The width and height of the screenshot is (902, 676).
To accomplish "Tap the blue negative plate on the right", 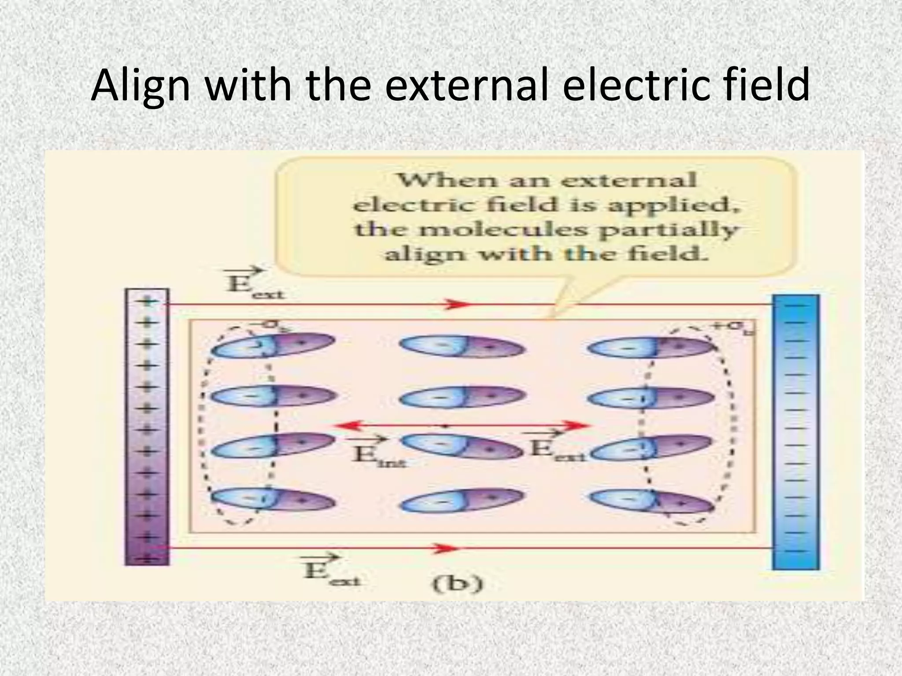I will coord(796,431).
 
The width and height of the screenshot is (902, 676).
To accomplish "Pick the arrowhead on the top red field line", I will coord(458,304).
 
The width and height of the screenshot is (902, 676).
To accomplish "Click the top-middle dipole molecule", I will coord(462,347).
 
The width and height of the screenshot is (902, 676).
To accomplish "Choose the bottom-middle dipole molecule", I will coord(462,500).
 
